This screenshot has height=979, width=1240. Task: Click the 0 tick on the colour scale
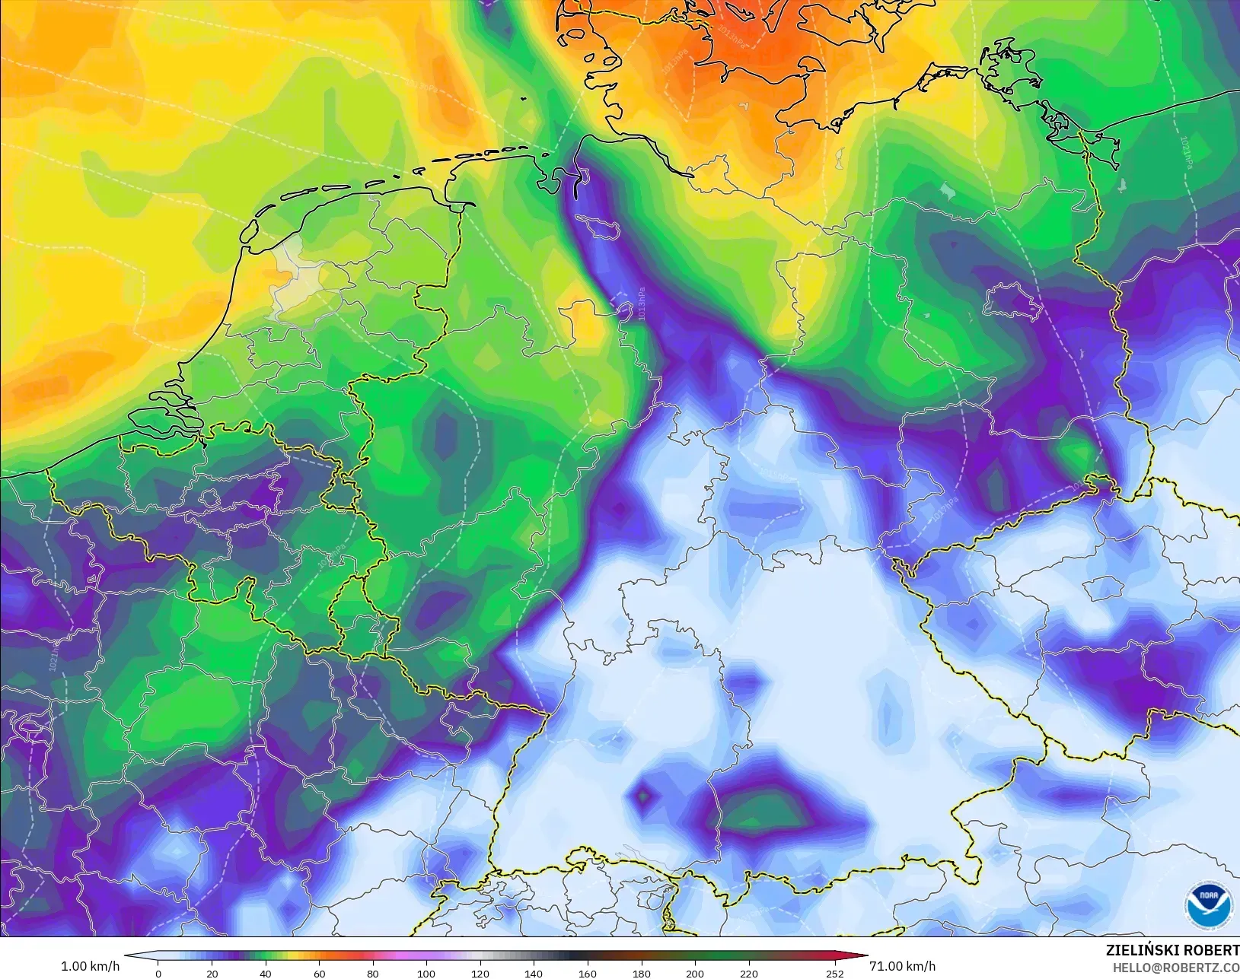click(x=158, y=973)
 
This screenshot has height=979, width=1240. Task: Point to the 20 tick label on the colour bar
click(x=212, y=973)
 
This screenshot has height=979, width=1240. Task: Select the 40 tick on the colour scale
click(x=266, y=973)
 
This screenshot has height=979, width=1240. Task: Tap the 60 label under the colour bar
click(x=319, y=973)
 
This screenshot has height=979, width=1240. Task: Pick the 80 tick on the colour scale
click(x=372, y=973)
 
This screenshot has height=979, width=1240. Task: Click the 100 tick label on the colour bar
click(x=426, y=973)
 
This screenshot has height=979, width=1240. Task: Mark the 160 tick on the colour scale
click(x=587, y=973)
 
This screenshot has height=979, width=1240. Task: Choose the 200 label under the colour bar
click(x=694, y=973)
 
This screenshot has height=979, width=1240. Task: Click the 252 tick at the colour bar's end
click(x=834, y=973)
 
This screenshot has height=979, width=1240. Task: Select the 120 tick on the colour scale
click(x=480, y=973)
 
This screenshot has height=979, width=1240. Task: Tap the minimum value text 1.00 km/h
click(x=90, y=966)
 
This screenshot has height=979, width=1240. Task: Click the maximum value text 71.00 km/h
click(x=902, y=966)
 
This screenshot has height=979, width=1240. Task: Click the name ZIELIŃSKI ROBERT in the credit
click(x=1172, y=951)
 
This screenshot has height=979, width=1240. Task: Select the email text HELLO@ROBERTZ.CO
click(x=1176, y=968)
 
